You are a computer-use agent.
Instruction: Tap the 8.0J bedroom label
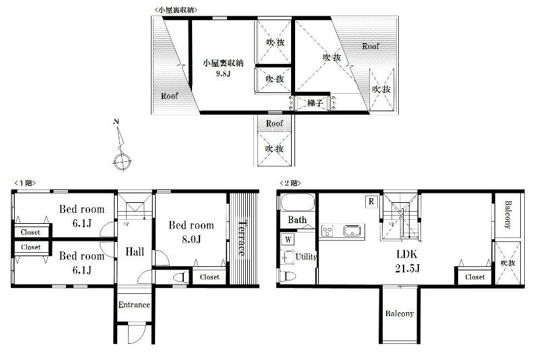point(191,231)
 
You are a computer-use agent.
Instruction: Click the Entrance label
point(134,305)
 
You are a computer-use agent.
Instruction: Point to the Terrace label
point(242,238)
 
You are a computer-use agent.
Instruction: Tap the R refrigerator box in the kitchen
point(371,201)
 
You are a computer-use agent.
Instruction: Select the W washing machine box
point(288,239)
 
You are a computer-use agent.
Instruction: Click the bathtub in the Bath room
point(297,204)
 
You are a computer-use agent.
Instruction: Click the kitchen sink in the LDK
point(352,231)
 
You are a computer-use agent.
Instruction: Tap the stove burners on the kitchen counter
point(328,231)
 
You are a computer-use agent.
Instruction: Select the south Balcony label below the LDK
point(400,313)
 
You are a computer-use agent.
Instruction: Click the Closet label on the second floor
point(474,276)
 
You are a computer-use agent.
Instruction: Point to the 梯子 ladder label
point(315,103)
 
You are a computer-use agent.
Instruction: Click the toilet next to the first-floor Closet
point(180,276)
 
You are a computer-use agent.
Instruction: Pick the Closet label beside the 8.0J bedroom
point(209,276)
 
